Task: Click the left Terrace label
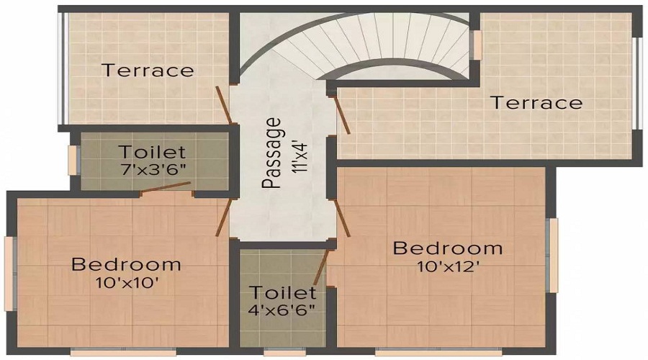coord(148,71)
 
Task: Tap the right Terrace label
coord(536,103)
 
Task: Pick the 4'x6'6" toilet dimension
coord(282,311)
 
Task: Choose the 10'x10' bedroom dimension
coord(127,282)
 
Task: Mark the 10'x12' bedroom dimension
coord(447,266)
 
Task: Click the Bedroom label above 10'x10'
coord(126,264)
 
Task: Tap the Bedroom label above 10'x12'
coord(447,248)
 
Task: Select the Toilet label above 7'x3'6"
coord(153,153)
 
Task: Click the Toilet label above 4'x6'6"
coord(282,293)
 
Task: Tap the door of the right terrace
coord(341,115)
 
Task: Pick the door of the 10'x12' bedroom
coord(341,217)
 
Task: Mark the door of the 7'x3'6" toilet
coord(165,189)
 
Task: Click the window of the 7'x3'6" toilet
coord(72,160)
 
